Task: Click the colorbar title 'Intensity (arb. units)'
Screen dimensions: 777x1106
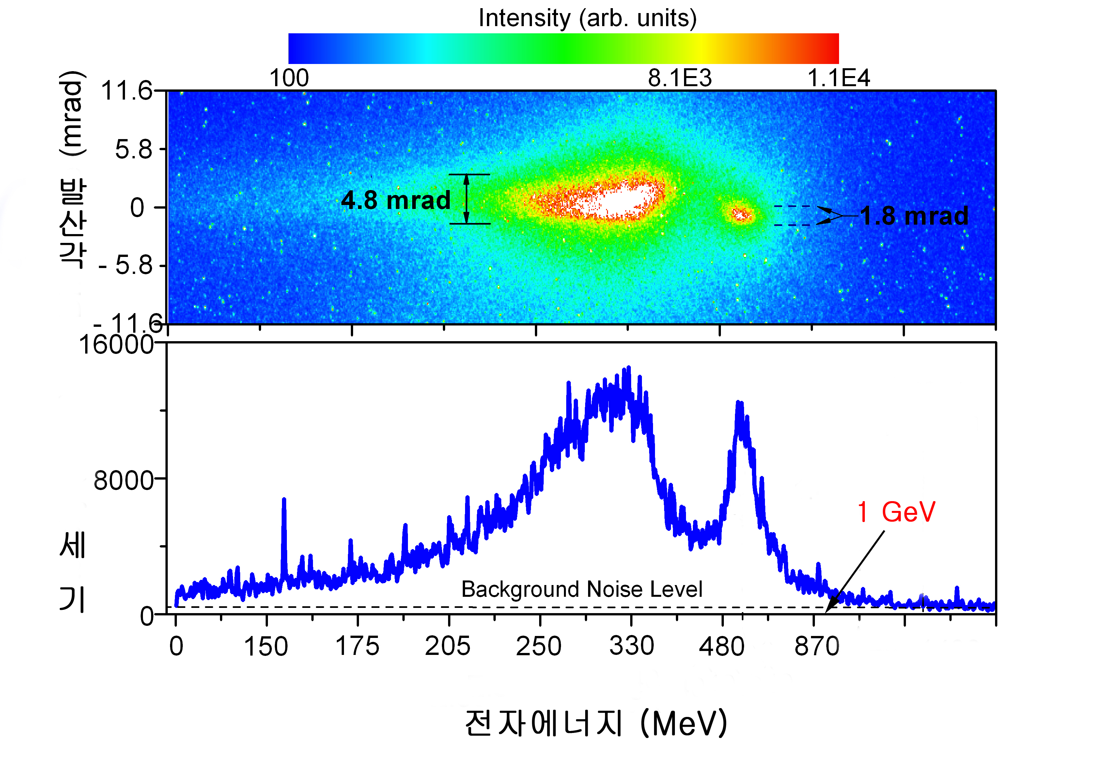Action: pyautogui.click(x=587, y=18)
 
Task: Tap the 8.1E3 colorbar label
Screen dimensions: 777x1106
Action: pyautogui.click(x=679, y=78)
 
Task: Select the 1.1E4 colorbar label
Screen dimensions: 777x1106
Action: pyautogui.click(x=838, y=78)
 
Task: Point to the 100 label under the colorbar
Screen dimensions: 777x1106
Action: pyautogui.click(x=289, y=78)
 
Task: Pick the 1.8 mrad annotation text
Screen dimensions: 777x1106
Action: pyautogui.click(x=914, y=215)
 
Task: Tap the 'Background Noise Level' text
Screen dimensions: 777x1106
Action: pyautogui.click(x=582, y=589)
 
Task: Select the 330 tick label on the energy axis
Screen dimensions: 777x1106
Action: pyautogui.click(x=631, y=645)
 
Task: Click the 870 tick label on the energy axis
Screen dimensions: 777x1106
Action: pyautogui.click(x=817, y=645)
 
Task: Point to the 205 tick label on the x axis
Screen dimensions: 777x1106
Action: pyautogui.click(x=447, y=645)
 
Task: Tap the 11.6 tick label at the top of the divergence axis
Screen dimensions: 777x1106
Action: pyautogui.click(x=126, y=91)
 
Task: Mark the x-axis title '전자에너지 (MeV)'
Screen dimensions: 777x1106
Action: pyautogui.click(x=596, y=723)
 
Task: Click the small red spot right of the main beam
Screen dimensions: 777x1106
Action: pyautogui.click(x=741, y=214)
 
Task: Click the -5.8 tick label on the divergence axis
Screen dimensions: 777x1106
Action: pyautogui.click(x=126, y=266)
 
